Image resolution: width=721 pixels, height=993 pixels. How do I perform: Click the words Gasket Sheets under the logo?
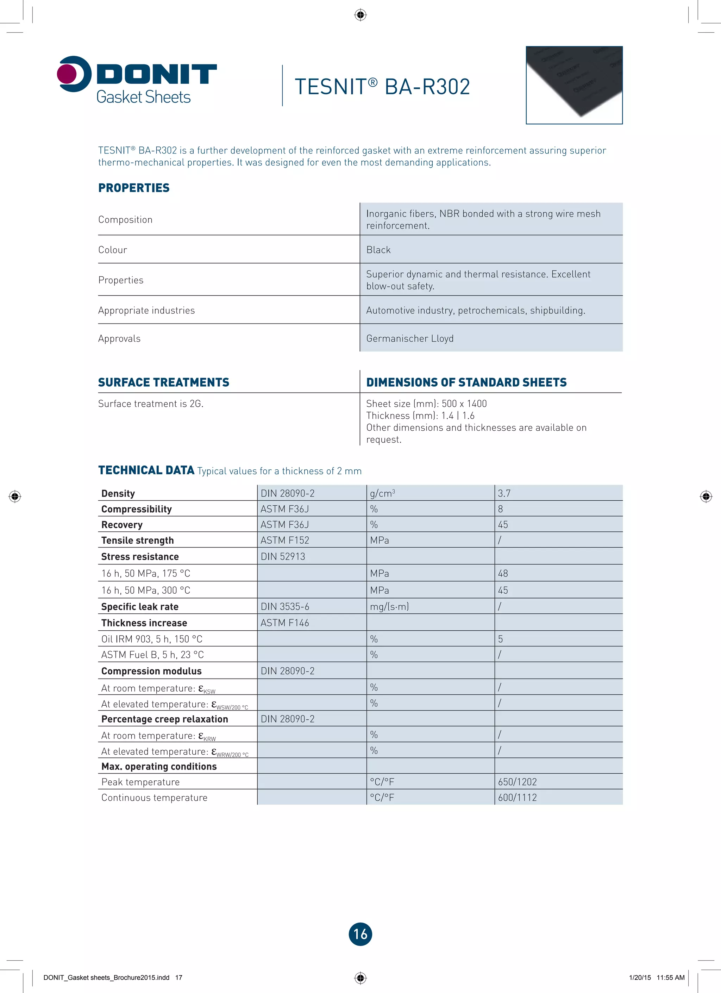143,97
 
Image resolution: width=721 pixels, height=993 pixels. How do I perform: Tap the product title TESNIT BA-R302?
382,87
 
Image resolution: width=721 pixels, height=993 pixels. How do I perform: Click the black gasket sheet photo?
574,85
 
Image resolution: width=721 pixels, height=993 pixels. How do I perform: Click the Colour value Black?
378,250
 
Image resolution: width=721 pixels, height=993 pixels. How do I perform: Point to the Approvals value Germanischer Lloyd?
410,338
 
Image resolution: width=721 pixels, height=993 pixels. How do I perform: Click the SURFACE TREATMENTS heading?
163,382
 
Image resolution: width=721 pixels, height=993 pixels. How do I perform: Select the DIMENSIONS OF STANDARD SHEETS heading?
466,382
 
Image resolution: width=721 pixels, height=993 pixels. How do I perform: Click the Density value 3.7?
504,493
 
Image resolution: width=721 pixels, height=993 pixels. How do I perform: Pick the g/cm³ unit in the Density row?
382,493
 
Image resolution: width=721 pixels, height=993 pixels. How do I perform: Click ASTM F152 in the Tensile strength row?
284,540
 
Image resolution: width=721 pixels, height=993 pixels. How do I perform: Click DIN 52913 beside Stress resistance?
283,556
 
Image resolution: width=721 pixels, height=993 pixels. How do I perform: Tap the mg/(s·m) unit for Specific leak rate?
389,606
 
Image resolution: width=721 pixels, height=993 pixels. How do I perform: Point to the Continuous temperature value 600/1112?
517,797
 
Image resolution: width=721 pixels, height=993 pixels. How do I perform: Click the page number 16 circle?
360,934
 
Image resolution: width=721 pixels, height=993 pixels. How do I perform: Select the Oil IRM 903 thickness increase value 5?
500,639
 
